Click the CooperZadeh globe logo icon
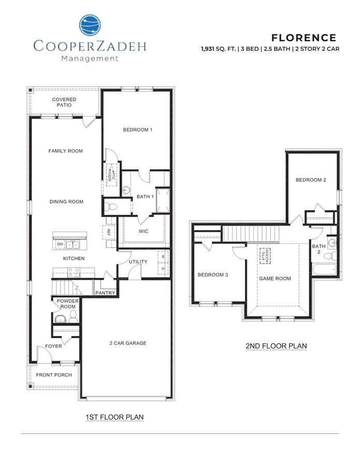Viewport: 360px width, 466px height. (x=90, y=26)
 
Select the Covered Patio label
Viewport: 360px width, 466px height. (x=64, y=102)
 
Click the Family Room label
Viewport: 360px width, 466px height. (x=66, y=151)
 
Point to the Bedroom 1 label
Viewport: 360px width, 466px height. (x=137, y=130)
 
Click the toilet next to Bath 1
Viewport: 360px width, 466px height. (x=111, y=207)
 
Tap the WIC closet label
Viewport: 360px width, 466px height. (x=143, y=231)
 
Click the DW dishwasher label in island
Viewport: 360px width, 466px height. (x=60, y=243)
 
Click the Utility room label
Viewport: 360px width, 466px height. (x=138, y=262)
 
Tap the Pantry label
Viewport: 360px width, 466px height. (x=105, y=293)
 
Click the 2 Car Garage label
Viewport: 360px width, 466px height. (x=128, y=343)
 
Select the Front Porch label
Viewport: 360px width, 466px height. (x=54, y=375)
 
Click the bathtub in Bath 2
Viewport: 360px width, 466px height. (x=324, y=270)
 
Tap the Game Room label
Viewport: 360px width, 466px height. (x=275, y=278)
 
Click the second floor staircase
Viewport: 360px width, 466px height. (x=251, y=234)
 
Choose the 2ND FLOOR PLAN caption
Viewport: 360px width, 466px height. (x=276, y=346)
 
